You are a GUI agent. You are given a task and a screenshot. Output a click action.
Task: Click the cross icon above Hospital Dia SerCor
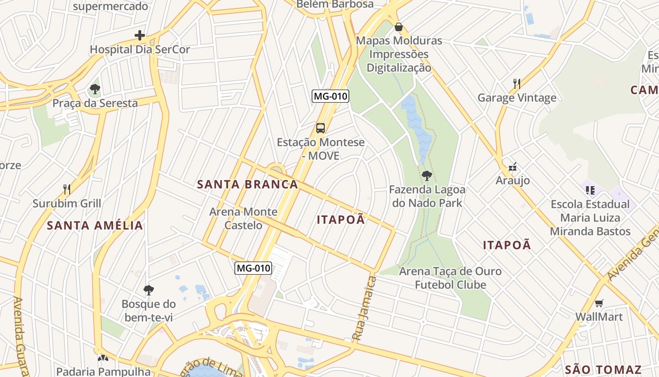(140, 35)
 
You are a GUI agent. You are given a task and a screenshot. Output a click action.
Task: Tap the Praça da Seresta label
(95, 103)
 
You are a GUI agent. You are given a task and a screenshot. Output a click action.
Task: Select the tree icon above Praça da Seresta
(95, 89)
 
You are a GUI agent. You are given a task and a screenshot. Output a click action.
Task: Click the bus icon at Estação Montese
(321, 128)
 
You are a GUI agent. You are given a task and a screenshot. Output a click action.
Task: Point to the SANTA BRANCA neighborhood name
(248, 184)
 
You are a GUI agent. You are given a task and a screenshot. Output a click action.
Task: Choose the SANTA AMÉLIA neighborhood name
(95, 225)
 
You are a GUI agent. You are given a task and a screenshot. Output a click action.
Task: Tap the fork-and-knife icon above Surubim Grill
(67, 189)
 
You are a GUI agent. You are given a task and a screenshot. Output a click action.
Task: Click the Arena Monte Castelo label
(243, 218)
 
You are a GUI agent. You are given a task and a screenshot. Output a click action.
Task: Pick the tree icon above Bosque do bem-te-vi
(149, 290)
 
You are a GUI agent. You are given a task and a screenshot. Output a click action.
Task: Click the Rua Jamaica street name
(365, 309)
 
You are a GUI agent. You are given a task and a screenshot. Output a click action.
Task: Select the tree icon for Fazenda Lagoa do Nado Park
(427, 176)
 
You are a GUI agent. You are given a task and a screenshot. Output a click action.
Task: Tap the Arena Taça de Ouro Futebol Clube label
(450, 278)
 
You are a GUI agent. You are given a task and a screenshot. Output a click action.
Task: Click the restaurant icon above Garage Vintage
(517, 84)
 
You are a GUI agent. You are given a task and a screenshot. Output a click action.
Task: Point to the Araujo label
(513, 180)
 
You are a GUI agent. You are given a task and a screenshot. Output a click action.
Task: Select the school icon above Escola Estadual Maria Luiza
(590, 190)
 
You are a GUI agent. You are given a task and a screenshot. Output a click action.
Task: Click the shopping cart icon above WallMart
(599, 303)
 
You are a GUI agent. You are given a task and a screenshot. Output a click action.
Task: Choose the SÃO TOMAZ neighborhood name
(603, 369)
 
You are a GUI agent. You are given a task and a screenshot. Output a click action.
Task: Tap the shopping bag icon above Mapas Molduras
(399, 27)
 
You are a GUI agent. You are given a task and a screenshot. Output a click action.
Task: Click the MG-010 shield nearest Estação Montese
(330, 96)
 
